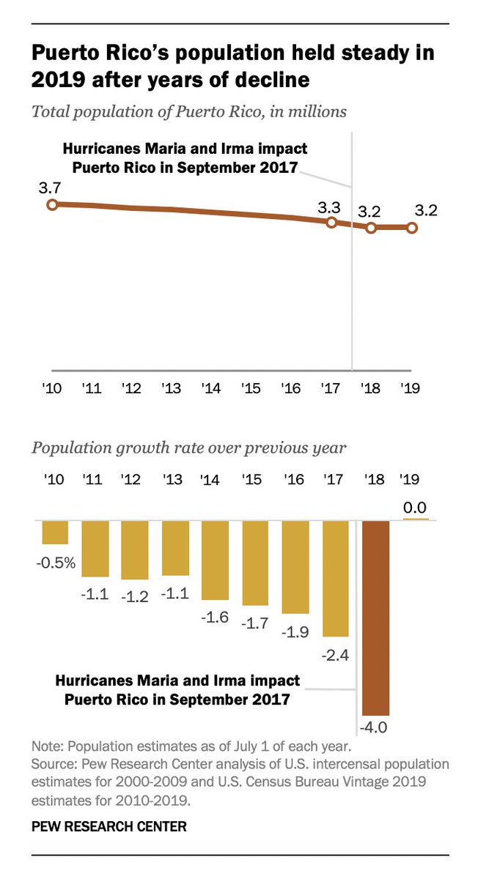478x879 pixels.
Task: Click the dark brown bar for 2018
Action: coord(375,617)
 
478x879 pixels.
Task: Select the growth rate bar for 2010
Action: coord(55,533)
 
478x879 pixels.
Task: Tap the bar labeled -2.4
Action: coord(336,579)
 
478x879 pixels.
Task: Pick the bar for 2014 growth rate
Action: coord(215,560)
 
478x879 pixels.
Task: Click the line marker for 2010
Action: coord(51,204)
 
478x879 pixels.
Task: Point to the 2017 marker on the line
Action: coord(331,222)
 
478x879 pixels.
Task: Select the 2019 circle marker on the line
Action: coord(412,228)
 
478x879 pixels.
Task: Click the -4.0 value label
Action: coord(375,727)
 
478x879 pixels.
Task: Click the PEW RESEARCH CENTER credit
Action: coord(109,826)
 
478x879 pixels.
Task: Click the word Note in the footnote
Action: coord(45,747)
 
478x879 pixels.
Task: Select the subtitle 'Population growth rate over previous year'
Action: coord(188,448)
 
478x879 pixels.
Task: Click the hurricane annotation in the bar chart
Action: coord(178,689)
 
